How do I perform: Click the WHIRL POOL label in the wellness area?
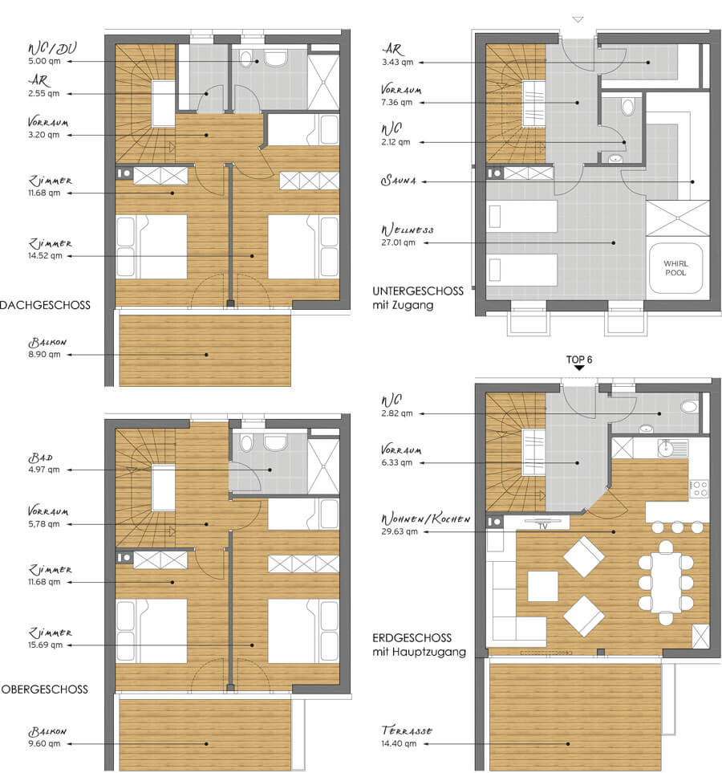click(675, 268)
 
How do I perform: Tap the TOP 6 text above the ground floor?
click(579, 360)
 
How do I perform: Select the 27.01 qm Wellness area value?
click(398, 242)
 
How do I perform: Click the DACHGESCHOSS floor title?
click(46, 305)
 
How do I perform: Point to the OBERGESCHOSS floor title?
click(45, 690)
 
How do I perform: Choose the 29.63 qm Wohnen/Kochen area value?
click(400, 531)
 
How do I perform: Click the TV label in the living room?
click(543, 527)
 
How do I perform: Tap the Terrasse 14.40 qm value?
click(399, 743)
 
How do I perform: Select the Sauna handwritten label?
click(399, 181)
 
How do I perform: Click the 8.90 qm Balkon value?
click(44, 354)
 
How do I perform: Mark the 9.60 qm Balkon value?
click(44, 743)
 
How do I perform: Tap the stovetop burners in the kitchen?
click(699, 489)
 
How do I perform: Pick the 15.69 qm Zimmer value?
click(46, 645)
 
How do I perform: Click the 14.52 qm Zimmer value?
click(46, 256)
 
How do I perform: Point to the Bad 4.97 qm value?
click(44, 470)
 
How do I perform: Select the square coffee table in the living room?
click(542, 586)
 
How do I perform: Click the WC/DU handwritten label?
click(52, 48)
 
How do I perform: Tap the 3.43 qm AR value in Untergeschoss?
click(397, 62)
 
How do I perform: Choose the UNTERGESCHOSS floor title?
click(418, 291)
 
